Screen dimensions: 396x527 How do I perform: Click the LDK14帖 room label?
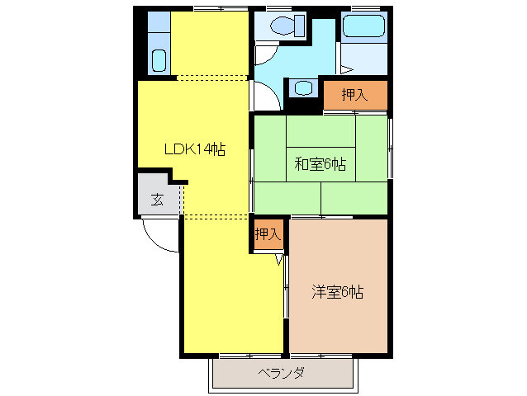pyautogui.click(x=194, y=149)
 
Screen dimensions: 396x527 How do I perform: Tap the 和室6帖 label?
pyautogui.click(x=320, y=164)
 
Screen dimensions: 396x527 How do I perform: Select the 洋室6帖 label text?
pyautogui.click(x=338, y=291)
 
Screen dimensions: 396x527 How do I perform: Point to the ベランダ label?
pyautogui.click(x=282, y=373)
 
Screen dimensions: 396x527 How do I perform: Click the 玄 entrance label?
pyautogui.click(x=157, y=199)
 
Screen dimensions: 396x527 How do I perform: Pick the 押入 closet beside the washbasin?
pyautogui.click(x=354, y=96)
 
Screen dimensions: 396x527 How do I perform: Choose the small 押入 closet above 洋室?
pyautogui.click(x=268, y=234)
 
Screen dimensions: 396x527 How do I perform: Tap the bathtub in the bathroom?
pyautogui.click(x=364, y=26)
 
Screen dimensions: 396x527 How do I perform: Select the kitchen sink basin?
pyautogui.click(x=159, y=60)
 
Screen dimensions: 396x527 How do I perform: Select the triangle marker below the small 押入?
pyautogui.click(x=279, y=259)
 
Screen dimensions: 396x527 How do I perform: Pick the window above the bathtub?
pyautogui.click(x=364, y=8)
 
